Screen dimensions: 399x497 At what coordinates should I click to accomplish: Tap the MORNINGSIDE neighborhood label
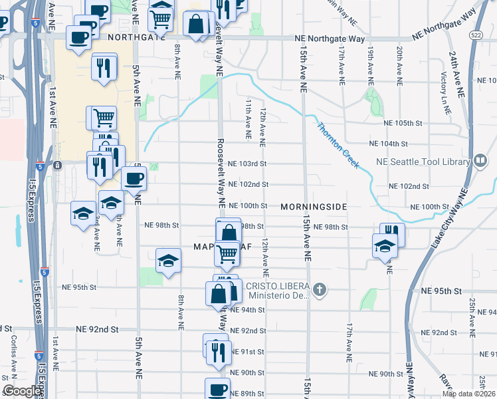click(x=314, y=207)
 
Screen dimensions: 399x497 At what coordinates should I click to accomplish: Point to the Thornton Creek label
click(x=338, y=145)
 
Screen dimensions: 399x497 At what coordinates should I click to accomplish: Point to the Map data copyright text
click(x=468, y=394)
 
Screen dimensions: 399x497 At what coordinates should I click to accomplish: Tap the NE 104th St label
click(x=388, y=144)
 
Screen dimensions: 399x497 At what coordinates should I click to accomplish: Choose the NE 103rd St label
click(x=247, y=164)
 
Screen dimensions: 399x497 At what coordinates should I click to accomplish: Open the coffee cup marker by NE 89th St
click(x=217, y=389)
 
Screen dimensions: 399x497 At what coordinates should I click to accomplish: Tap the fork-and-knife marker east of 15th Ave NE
click(x=392, y=233)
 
